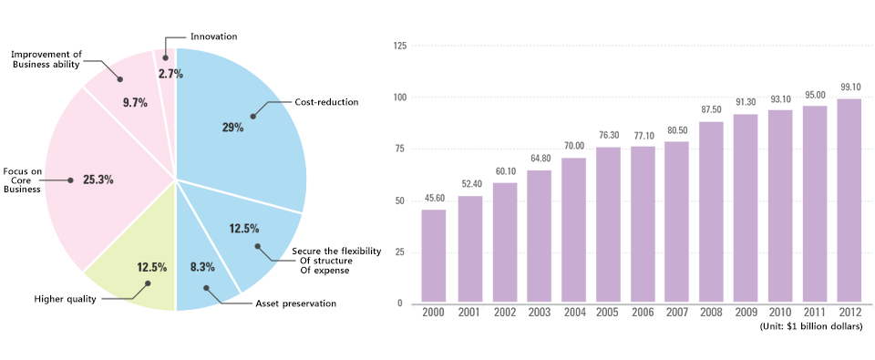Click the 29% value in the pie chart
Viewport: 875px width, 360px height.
point(232,128)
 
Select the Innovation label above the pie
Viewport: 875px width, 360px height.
point(214,36)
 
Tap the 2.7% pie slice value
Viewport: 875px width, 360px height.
point(170,73)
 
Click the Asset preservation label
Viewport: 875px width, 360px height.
point(295,303)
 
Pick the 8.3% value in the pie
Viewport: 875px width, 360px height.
point(202,267)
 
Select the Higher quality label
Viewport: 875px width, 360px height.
point(66,299)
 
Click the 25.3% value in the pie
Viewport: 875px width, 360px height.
point(98,180)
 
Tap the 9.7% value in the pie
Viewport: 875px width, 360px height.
point(135,102)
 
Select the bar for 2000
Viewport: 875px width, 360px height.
point(434,257)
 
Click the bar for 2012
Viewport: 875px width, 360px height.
point(849,201)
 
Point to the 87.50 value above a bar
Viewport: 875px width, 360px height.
point(710,110)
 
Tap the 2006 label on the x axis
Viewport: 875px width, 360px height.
point(642,313)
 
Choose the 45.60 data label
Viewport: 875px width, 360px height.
point(434,199)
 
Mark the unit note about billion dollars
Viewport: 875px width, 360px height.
point(811,326)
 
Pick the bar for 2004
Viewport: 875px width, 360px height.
point(572,231)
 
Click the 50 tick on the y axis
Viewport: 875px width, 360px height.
point(397,201)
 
